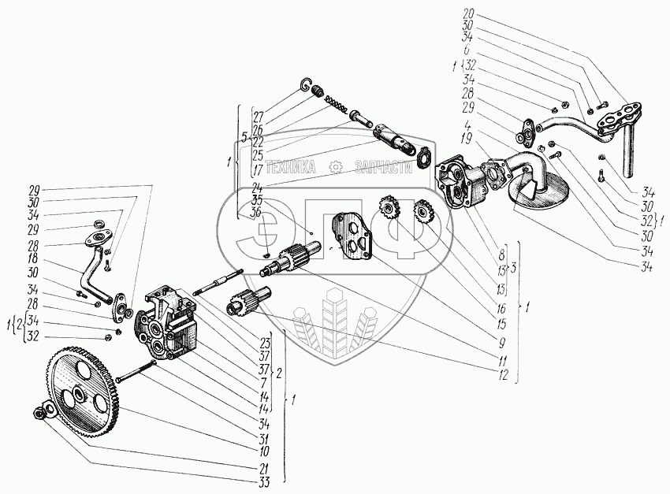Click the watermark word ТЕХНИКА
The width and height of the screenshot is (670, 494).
click(x=291, y=167)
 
